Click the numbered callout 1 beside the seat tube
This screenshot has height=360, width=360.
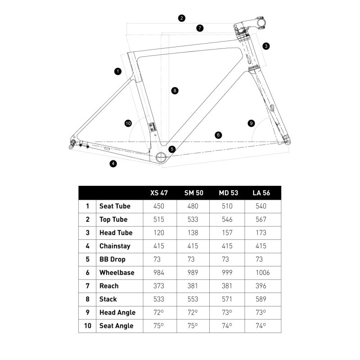118,71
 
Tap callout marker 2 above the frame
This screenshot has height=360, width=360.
181,18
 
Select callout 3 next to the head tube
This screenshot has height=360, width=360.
266,46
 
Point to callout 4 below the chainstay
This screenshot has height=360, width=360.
113,164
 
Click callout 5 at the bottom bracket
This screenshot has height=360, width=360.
172,149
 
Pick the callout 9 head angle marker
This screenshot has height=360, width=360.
251,123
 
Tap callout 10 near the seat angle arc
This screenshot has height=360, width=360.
128,123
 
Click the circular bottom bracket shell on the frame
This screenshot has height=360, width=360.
162,157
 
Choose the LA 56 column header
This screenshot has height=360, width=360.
261,193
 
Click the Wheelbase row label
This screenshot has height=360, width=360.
117,273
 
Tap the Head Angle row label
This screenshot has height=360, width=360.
117,312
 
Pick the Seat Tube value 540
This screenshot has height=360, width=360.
261,206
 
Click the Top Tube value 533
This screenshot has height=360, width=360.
193,220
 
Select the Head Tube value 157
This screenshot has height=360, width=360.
227,233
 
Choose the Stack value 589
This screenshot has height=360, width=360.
261,299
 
